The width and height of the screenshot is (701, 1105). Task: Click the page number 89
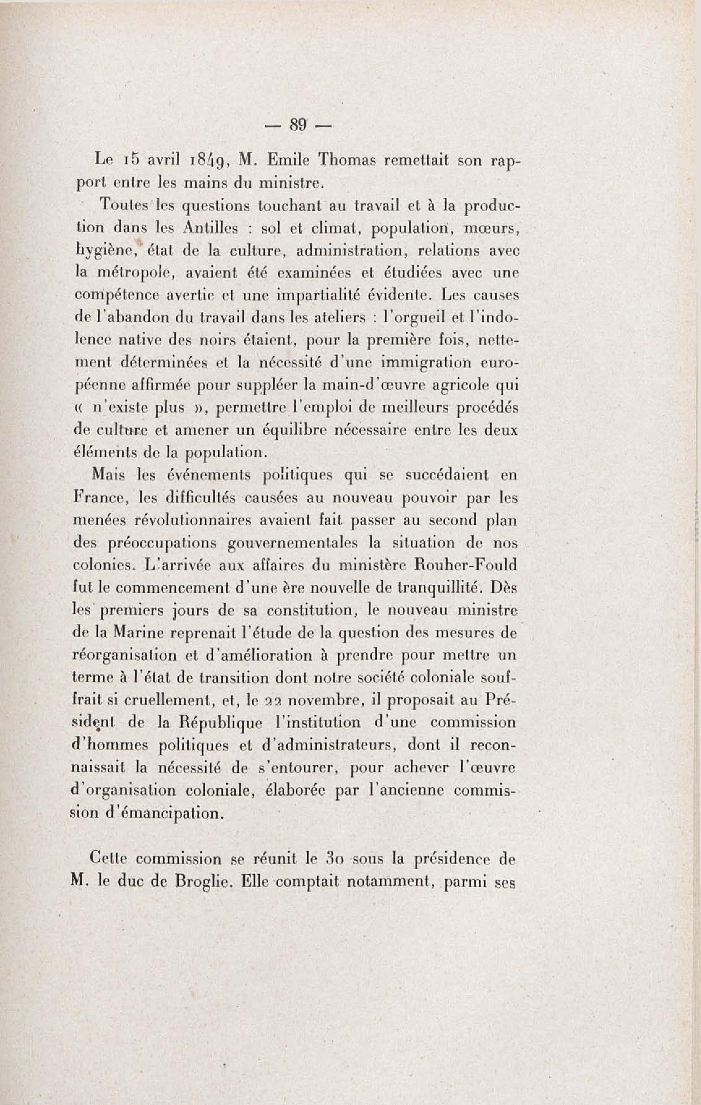[x=298, y=124]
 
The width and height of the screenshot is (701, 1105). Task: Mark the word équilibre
[x=293, y=431]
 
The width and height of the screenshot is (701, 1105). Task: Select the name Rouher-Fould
[x=465, y=565]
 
